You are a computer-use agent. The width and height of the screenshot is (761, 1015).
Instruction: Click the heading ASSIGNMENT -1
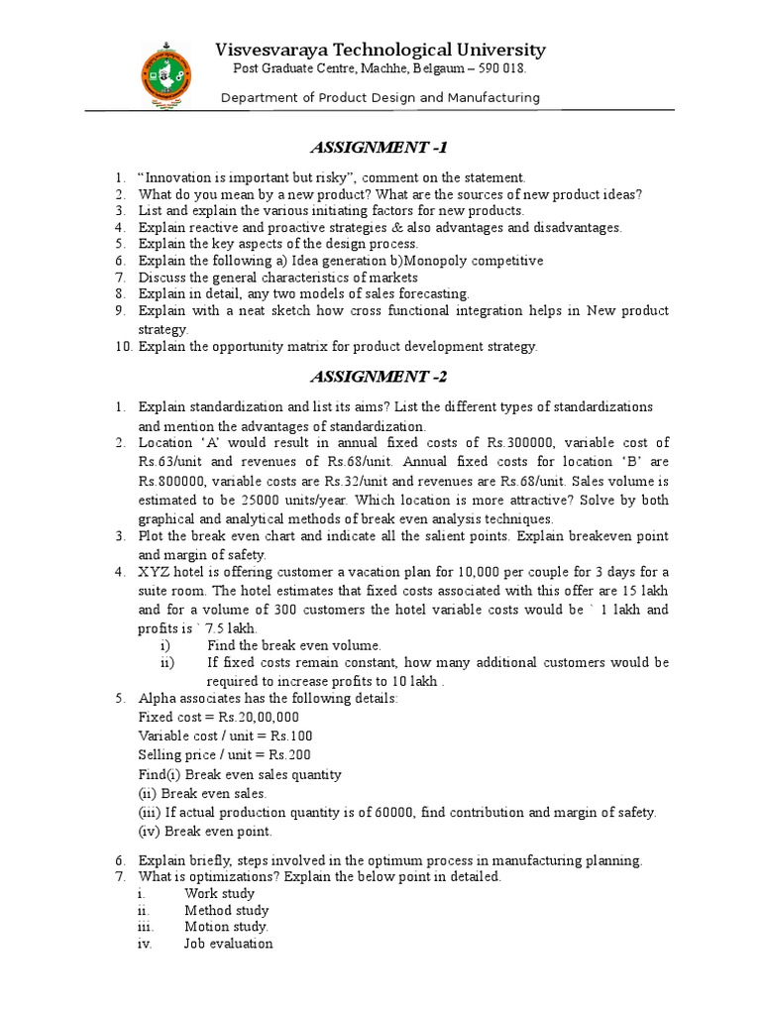[x=380, y=149]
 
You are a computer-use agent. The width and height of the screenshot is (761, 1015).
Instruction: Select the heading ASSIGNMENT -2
[x=380, y=377]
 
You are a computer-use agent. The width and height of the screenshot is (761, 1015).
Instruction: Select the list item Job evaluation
[x=228, y=944]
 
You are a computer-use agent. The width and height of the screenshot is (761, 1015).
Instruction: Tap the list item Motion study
[x=226, y=927]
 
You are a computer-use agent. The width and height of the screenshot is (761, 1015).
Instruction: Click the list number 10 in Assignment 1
[x=120, y=346]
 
